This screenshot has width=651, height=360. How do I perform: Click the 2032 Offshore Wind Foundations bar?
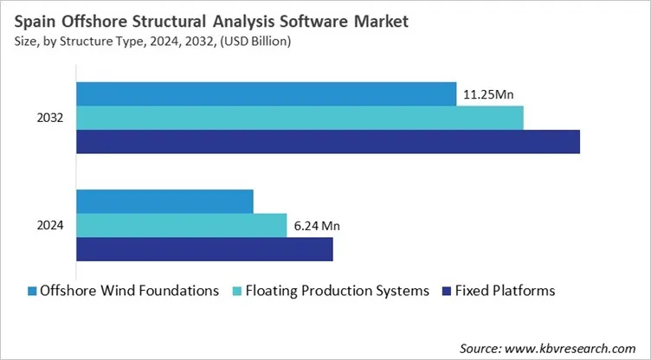(x=267, y=93)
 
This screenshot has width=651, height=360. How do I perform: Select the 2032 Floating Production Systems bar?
(x=300, y=118)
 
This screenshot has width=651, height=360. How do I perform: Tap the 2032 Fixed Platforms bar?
(x=328, y=142)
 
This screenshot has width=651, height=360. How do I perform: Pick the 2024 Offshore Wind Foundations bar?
(x=165, y=201)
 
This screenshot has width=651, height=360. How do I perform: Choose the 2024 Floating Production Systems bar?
(x=182, y=225)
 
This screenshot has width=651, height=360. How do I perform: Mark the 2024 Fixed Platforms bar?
(x=205, y=250)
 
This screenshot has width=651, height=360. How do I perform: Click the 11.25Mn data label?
(x=491, y=94)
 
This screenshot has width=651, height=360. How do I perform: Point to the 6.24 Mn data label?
(x=317, y=226)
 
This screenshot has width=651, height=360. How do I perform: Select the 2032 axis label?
(x=50, y=118)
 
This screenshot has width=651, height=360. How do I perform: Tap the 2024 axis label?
(x=50, y=226)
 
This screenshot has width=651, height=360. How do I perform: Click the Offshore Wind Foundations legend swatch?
(x=31, y=291)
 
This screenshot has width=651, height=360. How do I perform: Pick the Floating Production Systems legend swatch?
(x=237, y=291)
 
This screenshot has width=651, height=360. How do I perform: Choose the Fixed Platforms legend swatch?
(x=448, y=291)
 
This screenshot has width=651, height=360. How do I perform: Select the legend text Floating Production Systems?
(x=338, y=291)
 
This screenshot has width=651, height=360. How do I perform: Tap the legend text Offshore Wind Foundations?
(x=130, y=291)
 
